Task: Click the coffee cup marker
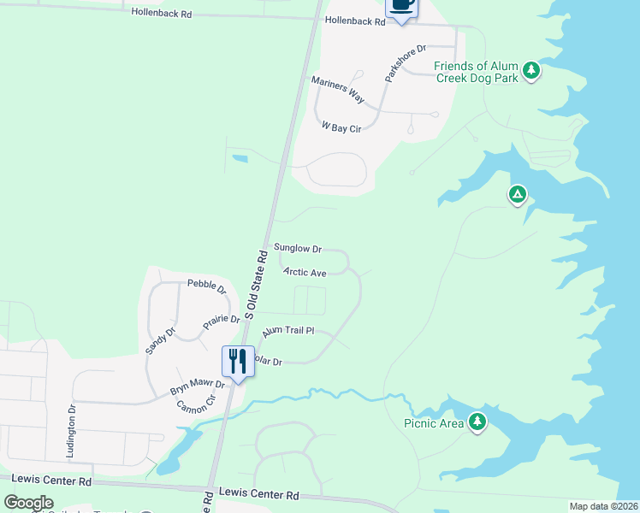402,6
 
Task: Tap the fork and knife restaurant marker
237,360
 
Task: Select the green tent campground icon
517,196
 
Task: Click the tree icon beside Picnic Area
477,422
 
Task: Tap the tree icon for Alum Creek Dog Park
531,71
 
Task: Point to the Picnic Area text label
434,422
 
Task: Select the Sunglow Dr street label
297,249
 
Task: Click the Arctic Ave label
305,273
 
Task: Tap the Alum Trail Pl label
288,331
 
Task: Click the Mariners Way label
337,89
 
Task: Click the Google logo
29,503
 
